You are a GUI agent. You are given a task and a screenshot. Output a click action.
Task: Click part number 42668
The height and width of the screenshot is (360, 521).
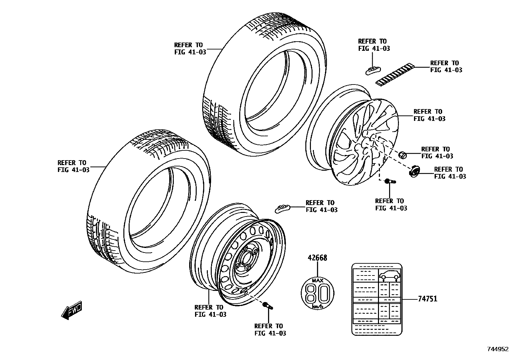(x=317, y=258)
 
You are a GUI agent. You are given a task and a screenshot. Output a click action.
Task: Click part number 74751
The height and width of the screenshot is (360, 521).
(x=427, y=299)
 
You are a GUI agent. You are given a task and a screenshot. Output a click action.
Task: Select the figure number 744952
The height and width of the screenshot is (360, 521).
(x=498, y=350)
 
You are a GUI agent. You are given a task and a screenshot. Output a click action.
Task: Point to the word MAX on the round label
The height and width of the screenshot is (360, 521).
(x=317, y=281)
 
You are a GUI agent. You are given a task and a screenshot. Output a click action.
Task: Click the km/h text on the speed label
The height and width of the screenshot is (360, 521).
(x=317, y=307)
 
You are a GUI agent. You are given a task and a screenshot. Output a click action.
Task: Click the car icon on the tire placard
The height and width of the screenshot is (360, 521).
(x=389, y=275)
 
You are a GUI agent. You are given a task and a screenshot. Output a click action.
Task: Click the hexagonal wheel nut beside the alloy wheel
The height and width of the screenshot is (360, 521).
(x=403, y=154)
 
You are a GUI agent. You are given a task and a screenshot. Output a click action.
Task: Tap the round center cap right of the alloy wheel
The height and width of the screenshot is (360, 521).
(x=415, y=171)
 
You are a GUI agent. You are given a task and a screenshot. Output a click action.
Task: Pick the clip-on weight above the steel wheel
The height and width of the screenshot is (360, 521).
(x=282, y=208)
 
